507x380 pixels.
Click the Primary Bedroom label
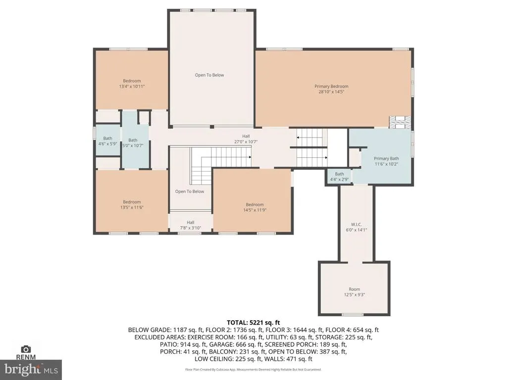click(331, 86)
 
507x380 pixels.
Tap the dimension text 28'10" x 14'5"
click(331, 92)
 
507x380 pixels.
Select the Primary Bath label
click(386, 158)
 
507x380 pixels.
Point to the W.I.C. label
click(356, 225)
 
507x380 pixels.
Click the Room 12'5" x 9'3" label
click(355, 292)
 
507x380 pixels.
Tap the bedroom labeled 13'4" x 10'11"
click(132, 84)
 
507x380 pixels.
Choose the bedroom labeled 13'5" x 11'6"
click(132, 204)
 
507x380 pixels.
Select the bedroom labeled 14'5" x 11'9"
click(255, 207)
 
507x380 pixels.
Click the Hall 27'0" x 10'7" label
click(246, 139)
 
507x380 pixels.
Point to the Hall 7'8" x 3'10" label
click(191, 225)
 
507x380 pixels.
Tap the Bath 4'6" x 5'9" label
click(107, 141)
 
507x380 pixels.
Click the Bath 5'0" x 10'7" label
click(133, 143)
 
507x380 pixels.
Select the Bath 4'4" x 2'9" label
click(340, 177)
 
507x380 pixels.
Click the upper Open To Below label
click(209, 75)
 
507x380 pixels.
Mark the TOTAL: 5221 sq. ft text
click(253, 323)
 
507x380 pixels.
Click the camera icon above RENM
click(26, 349)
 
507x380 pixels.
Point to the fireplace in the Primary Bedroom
click(401, 123)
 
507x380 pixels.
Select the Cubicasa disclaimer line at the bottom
click(253, 369)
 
